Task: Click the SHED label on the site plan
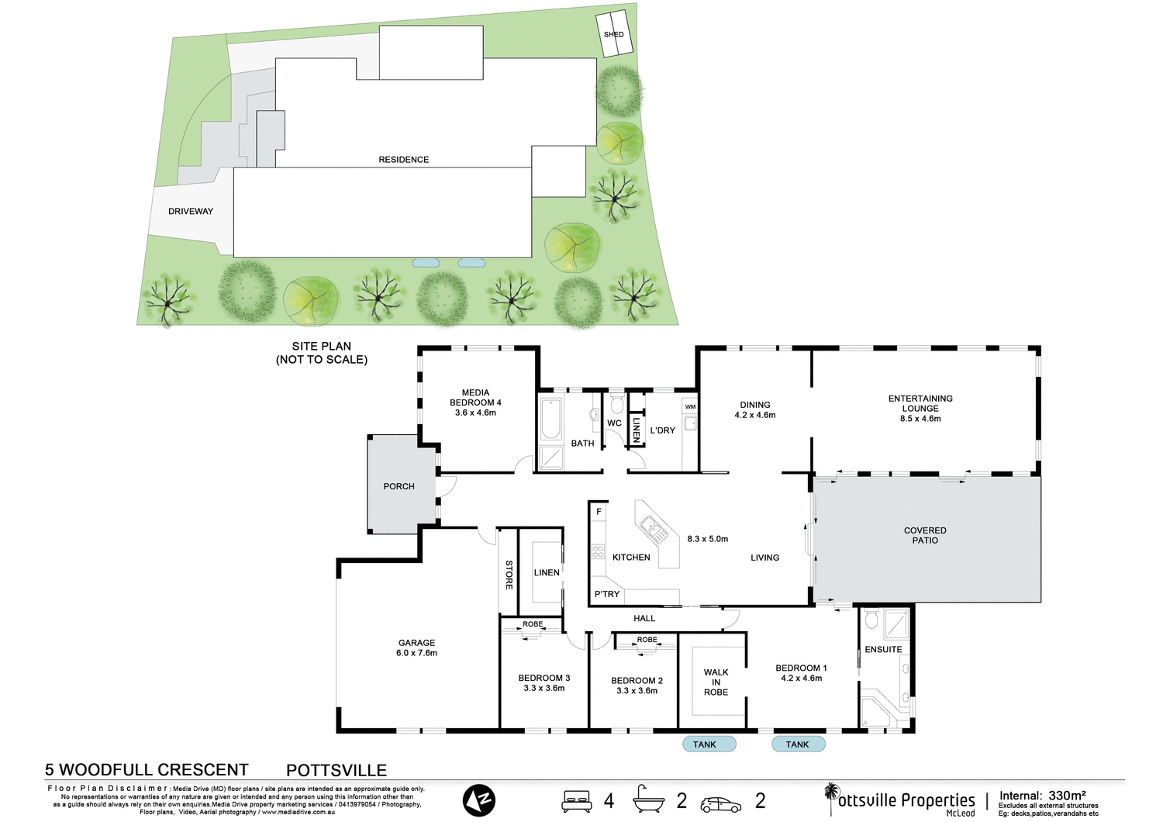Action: coord(613,35)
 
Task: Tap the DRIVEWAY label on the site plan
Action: coord(191,212)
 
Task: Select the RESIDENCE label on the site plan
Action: coord(403,160)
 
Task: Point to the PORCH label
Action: coord(399,487)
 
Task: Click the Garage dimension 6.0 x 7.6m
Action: coord(416,654)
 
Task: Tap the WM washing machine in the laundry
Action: coord(690,407)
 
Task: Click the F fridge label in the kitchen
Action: coord(599,513)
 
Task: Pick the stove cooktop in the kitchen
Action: coord(598,551)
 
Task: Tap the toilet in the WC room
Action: coord(617,403)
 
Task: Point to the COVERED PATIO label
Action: coord(925,536)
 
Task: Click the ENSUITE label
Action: coord(883,650)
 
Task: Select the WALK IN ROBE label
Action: coord(716,682)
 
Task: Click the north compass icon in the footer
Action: coord(479,800)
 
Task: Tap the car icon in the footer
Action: coord(720,804)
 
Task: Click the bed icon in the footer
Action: coord(577,801)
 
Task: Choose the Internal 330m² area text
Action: coord(1042,796)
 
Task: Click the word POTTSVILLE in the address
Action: coord(336,770)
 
